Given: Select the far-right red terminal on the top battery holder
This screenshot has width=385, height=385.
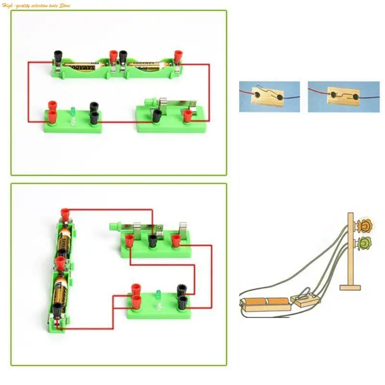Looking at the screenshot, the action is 179,55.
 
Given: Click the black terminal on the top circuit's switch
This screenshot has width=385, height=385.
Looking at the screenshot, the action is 157,116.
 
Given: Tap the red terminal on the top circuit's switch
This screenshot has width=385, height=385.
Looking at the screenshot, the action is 188,115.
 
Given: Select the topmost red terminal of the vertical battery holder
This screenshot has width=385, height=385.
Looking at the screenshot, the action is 64,213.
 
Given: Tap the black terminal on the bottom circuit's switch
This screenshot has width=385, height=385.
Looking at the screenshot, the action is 153,240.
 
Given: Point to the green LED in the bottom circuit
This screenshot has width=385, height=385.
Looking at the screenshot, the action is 157,294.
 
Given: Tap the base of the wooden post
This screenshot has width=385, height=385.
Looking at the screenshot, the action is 351,287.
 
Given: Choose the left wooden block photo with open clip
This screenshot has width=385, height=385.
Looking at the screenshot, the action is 269,96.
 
